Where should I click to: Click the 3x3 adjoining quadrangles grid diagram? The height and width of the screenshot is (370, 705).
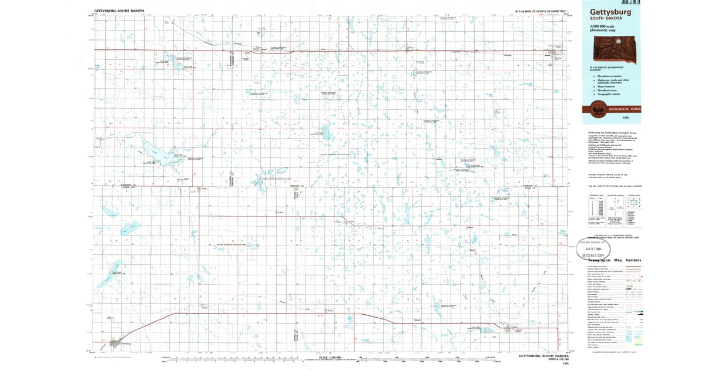[x=634, y=203]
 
